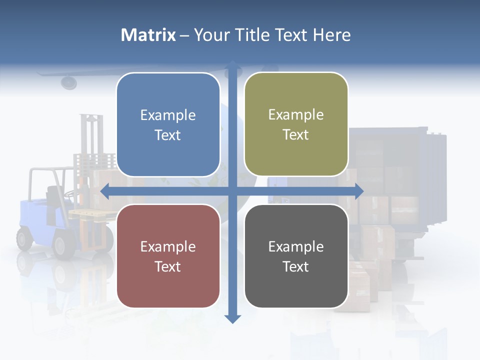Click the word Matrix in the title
[148, 35]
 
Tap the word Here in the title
[331, 35]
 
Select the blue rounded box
[168, 124]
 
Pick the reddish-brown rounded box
[168, 256]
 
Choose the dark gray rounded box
[296, 256]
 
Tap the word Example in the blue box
[168, 115]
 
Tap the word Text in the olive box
[296, 134]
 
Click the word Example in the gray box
[296, 246]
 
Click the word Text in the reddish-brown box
[168, 266]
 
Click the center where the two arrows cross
[232, 191]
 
